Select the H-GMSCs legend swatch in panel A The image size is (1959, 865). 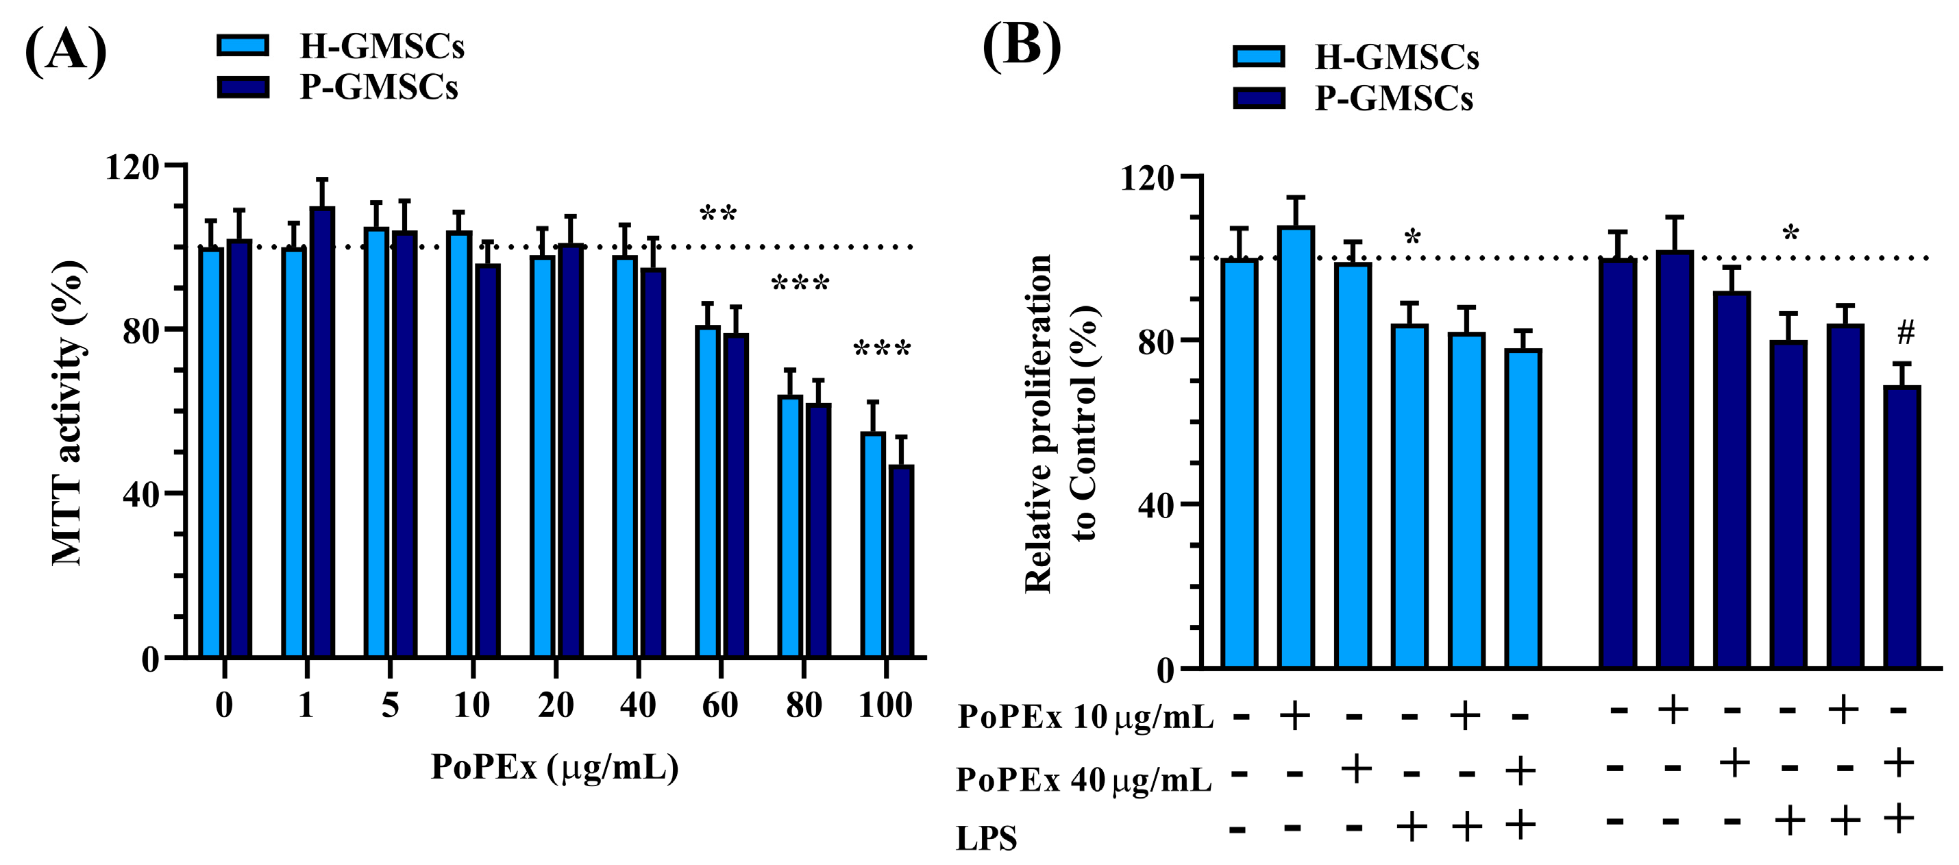(243, 45)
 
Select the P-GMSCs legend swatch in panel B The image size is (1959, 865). (1259, 98)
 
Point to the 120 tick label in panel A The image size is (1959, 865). (132, 167)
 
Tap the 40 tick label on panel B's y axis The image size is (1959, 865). (1157, 504)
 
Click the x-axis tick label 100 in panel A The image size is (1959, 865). (885, 705)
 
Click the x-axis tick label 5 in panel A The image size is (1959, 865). (389, 705)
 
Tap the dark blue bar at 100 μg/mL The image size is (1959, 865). (901, 561)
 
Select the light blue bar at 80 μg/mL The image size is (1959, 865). (790, 526)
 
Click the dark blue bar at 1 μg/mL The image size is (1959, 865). (321, 431)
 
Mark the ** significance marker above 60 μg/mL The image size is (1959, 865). (718, 214)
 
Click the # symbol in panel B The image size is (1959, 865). (1906, 332)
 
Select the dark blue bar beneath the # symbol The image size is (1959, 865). (1902, 527)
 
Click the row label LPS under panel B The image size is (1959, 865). (985, 838)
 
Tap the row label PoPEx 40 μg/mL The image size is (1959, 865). (1084, 779)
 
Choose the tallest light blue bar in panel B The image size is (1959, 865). (1296, 448)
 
